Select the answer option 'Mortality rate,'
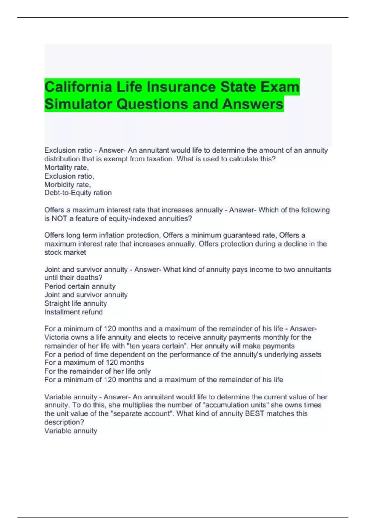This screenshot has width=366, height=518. click(66, 167)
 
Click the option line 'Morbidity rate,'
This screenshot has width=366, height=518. click(67, 185)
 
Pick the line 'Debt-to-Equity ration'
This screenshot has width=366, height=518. click(78, 193)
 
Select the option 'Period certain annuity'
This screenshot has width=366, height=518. click(80, 286)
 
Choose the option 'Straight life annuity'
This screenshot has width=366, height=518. click(76, 303)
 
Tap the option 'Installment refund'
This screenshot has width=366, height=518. click(74, 312)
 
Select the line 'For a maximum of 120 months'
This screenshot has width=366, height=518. click(94, 363)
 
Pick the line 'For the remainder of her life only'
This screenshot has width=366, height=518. click(97, 371)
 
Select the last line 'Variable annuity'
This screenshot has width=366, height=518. click(71, 431)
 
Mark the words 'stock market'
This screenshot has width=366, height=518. click(65, 253)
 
